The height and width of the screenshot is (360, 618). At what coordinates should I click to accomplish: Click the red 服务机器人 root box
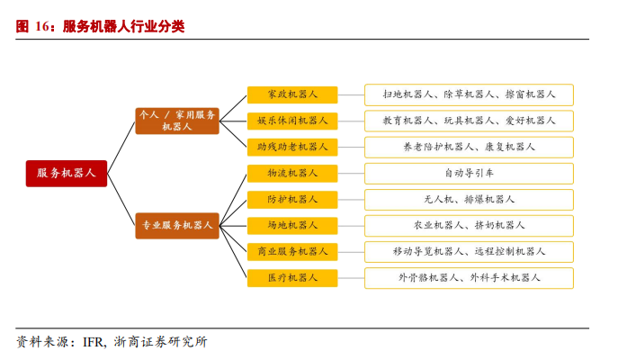[x=66, y=173]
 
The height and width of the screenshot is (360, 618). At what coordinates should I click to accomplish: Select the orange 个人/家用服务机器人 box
[x=177, y=121]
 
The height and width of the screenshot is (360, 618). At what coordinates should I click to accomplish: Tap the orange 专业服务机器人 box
[x=177, y=226]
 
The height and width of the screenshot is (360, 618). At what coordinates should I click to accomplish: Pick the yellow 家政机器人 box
[x=292, y=94]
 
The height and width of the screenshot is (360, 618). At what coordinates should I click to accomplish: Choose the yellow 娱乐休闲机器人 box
[x=292, y=121]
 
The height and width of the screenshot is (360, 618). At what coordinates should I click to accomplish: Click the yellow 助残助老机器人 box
[x=292, y=147]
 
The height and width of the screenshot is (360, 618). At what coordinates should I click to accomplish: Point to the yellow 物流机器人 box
[x=292, y=173]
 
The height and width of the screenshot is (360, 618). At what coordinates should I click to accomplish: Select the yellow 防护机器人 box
[x=292, y=199]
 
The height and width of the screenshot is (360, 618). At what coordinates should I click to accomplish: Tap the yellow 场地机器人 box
[x=292, y=225]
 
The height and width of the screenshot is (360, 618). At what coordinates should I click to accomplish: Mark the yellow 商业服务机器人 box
[x=292, y=251]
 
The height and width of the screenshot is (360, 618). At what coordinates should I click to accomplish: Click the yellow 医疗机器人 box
[x=292, y=277]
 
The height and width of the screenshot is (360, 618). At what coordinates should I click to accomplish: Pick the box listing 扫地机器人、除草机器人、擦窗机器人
[x=469, y=94]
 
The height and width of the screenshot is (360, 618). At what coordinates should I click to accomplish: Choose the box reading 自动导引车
[x=469, y=173]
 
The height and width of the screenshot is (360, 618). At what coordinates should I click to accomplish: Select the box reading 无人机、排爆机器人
[x=469, y=199]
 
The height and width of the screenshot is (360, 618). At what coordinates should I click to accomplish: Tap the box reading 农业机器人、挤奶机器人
[x=469, y=225]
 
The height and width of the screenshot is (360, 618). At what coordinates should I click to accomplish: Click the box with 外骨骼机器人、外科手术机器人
[x=469, y=277]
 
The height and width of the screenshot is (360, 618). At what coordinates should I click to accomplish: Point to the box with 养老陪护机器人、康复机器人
[x=469, y=147]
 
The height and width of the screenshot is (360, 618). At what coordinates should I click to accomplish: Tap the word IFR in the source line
[x=94, y=342]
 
